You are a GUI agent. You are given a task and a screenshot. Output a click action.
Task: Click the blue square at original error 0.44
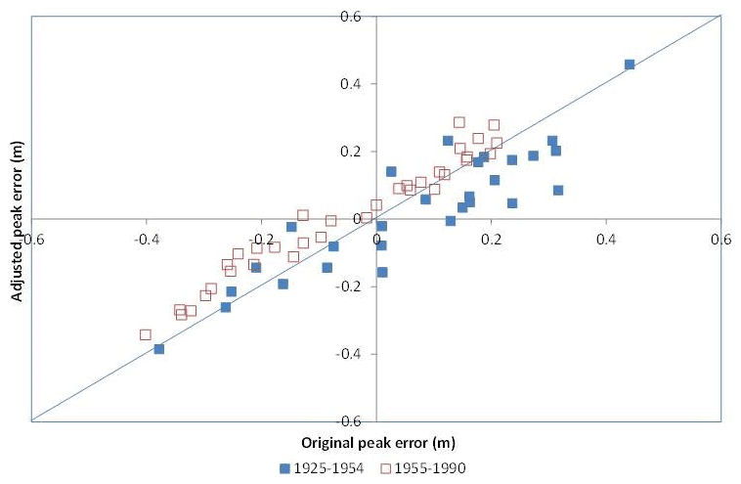[629, 65]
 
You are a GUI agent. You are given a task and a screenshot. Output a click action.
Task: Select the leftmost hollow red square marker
[146, 334]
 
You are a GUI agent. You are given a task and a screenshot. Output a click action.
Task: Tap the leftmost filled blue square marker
[159, 349]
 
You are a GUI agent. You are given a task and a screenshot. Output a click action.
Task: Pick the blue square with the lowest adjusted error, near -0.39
[159, 349]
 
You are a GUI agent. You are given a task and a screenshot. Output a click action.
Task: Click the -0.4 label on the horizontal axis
[147, 238]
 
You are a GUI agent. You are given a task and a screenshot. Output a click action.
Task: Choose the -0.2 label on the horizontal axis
[261, 238]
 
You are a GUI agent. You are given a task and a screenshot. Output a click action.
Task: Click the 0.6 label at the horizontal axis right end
[720, 238]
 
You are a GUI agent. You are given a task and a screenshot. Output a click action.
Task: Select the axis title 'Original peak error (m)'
[376, 443]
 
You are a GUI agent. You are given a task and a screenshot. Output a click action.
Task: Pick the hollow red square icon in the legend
[385, 468]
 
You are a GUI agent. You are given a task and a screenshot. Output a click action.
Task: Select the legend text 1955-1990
[430, 468]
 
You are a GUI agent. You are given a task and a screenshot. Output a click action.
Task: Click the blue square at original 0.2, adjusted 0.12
[495, 180]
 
